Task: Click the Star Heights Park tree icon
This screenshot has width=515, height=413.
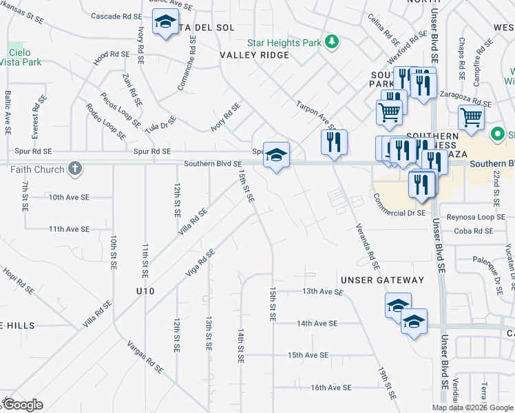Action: [333, 43]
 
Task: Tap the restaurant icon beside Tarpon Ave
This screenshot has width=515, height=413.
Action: [333, 142]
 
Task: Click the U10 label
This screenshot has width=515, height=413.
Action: [145, 291]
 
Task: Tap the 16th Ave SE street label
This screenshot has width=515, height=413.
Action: [331, 388]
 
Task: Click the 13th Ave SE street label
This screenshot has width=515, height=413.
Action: [323, 292]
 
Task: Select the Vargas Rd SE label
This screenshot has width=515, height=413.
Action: [145, 356]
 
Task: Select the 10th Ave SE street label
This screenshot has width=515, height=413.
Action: [69, 197]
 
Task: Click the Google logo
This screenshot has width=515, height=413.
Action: [22, 404]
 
